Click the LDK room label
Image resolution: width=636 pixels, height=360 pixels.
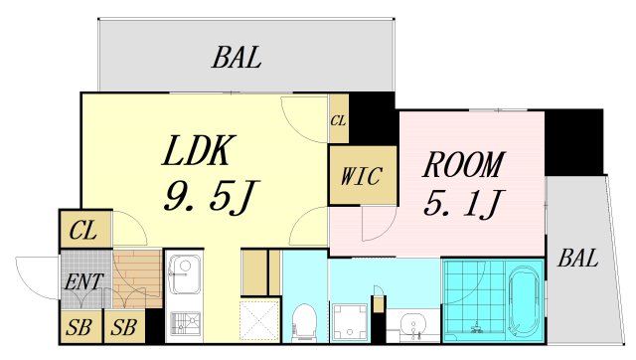(x=198, y=152)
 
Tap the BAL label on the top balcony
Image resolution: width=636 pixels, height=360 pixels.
(x=237, y=58)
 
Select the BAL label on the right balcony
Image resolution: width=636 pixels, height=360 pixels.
(x=577, y=260)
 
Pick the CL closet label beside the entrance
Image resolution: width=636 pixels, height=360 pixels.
(x=83, y=234)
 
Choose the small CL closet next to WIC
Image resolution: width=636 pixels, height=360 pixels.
(x=339, y=121)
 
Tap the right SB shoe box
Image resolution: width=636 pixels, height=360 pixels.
(x=124, y=326)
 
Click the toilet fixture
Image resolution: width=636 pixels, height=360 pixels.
(x=304, y=320)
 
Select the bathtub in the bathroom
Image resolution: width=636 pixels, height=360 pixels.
(x=523, y=302)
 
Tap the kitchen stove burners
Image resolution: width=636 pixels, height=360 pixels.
(x=183, y=322)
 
